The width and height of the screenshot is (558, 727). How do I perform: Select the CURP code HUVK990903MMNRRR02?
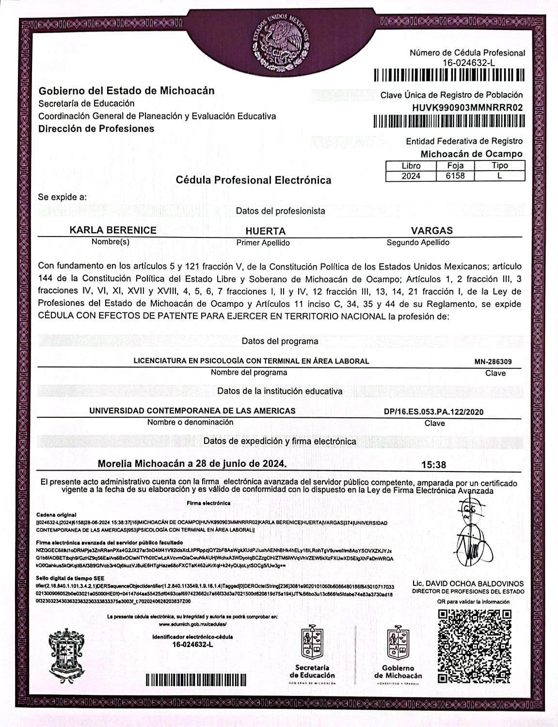(467, 108)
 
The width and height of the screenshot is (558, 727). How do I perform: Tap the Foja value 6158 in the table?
(455, 176)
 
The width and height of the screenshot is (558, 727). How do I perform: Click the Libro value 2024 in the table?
(411, 176)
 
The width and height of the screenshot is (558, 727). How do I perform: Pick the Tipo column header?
(499, 166)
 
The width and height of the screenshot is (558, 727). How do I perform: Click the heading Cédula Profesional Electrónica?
(254, 180)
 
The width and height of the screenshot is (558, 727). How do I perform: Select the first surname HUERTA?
(265, 231)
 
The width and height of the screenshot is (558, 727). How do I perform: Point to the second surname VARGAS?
(431, 231)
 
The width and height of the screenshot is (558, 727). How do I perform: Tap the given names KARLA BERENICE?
(113, 230)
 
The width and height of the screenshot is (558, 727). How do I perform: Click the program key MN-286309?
(493, 362)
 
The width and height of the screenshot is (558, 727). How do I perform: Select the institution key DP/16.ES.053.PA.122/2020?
(433, 412)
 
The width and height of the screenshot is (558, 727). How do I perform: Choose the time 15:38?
(433, 465)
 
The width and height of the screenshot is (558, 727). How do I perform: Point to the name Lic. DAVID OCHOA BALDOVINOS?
(468, 584)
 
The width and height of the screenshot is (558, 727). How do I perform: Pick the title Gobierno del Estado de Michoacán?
(126, 91)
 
